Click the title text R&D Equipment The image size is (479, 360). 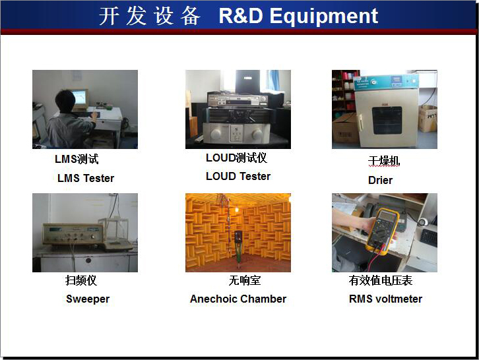click(x=298, y=16)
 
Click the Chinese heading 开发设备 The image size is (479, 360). click(x=150, y=16)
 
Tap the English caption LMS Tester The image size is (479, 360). click(x=86, y=178)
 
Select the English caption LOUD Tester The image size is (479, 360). click(x=238, y=176)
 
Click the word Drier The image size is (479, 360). click(x=380, y=180)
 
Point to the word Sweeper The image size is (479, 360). click(x=88, y=299)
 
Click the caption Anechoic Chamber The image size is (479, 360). click(x=238, y=299)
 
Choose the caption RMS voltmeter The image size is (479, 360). click(x=385, y=299)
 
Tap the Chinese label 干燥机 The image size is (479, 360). click(x=384, y=161)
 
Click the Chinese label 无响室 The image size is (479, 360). click(x=245, y=280)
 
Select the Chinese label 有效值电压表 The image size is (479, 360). click(x=381, y=280)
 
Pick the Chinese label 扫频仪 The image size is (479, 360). click(x=81, y=280)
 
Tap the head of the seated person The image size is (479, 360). click(x=65, y=101)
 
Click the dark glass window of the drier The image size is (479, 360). click(x=387, y=120)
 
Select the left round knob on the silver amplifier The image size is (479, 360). click(x=216, y=133)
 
